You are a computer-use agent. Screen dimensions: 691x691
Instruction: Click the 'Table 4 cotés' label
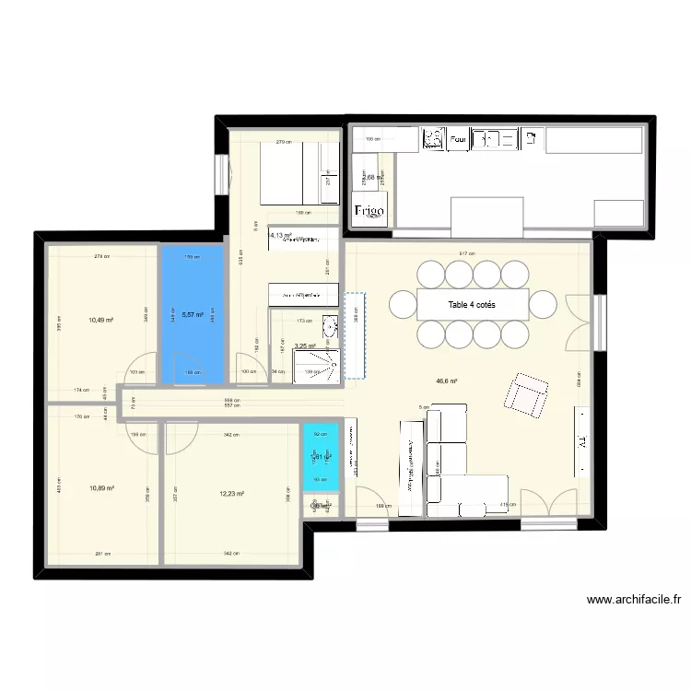(x=473, y=304)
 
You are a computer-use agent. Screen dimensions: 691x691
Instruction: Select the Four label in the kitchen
(x=457, y=140)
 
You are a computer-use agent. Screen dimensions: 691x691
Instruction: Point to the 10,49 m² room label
(x=101, y=320)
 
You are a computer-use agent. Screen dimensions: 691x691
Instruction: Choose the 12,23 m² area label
(x=231, y=494)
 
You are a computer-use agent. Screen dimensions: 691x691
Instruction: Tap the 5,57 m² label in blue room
(x=193, y=315)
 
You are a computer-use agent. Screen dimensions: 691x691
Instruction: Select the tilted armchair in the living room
(x=523, y=394)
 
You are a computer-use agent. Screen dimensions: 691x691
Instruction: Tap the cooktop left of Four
(x=431, y=139)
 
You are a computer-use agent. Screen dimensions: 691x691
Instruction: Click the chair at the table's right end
(x=544, y=303)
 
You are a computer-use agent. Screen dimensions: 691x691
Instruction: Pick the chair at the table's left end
(x=403, y=303)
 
